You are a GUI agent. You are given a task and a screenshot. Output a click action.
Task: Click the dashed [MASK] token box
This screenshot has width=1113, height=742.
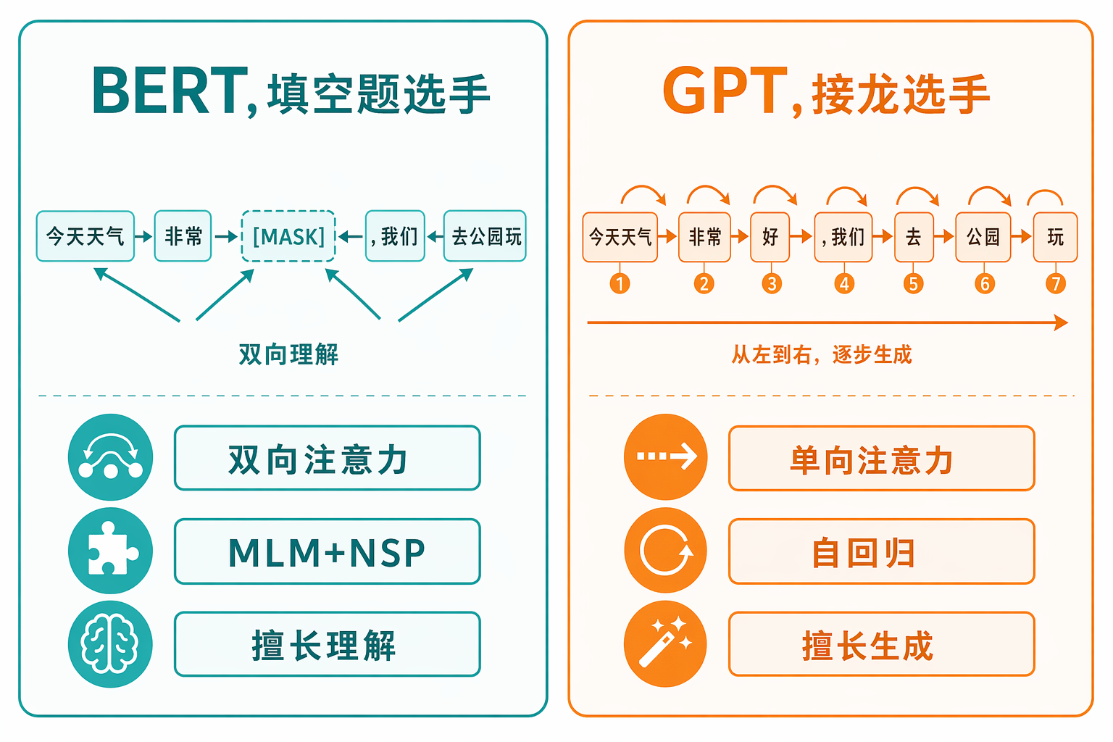(x=288, y=236)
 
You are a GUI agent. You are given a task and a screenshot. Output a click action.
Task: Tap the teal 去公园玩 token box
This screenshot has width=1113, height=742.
(x=485, y=236)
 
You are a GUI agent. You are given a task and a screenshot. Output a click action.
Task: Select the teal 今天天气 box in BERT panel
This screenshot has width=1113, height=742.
(x=86, y=236)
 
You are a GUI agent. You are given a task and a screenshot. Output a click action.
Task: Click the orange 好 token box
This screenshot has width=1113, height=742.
(x=770, y=237)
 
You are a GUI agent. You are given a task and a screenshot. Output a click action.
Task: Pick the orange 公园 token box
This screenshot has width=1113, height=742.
(x=983, y=237)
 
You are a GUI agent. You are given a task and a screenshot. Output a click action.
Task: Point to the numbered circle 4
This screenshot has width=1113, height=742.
(x=844, y=284)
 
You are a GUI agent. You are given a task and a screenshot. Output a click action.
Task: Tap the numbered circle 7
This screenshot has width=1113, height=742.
(x=1056, y=284)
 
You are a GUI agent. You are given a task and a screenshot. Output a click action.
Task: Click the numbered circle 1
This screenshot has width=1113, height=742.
(x=620, y=284)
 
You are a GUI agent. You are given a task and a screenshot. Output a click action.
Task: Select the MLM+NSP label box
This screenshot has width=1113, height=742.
(x=328, y=551)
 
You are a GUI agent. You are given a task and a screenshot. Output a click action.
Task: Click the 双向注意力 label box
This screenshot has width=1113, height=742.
(x=328, y=458)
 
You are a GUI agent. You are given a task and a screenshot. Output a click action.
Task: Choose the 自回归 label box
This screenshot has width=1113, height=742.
(x=882, y=551)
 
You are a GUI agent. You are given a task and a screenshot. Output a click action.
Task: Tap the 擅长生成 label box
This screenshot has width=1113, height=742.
(x=882, y=644)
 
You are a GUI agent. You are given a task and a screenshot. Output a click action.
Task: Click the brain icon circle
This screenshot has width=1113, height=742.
(x=110, y=644)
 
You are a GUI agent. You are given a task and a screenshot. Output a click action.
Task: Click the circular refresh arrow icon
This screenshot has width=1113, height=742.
(x=666, y=550)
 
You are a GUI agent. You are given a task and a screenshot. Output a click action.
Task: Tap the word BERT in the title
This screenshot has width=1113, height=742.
(x=170, y=91)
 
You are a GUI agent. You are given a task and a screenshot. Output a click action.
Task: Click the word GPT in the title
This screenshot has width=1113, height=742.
(x=725, y=91)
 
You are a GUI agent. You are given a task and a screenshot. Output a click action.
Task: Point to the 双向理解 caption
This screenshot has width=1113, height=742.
(x=288, y=354)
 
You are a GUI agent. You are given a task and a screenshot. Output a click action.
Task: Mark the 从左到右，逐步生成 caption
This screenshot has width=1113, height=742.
(x=822, y=354)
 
